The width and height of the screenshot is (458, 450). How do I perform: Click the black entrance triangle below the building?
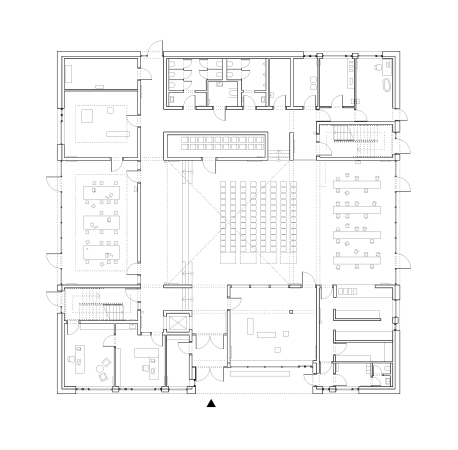(x=211, y=404)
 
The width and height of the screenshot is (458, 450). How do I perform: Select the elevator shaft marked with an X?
(x=177, y=327)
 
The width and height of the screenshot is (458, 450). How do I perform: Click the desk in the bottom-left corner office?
(x=79, y=355)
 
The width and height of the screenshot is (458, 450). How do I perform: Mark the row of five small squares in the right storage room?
(x=347, y=292)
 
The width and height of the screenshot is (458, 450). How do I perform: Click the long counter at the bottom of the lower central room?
(x=258, y=376)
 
